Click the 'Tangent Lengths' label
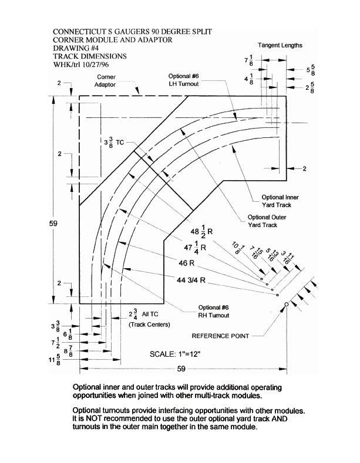pyautogui.click(x=280, y=45)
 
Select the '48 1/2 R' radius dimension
pyautogui.click(x=201, y=231)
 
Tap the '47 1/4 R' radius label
pyautogui.click(x=195, y=247)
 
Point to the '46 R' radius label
pyautogui.click(x=187, y=263)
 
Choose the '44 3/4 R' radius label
pyautogui.click(x=191, y=280)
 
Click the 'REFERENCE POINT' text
pyautogui.click(x=220, y=336)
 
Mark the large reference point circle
pyautogui.click(x=286, y=304)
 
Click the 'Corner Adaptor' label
pyautogui.click(x=106, y=80)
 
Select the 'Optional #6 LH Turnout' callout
pyautogui.click(x=184, y=80)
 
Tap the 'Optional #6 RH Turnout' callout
pyautogui.click(x=213, y=312)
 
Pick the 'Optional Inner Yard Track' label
pyautogui.click(x=280, y=201)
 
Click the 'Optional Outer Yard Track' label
pyautogui.click(x=267, y=221)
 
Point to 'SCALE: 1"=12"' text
pyautogui.click(x=175, y=354)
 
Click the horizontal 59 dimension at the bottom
pyautogui.click(x=181, y=369)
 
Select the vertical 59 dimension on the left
pyautogui.click(x=53, y=223)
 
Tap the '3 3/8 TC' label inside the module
pyautogui.click(x=114, y=143)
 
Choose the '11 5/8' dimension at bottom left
pyautogui.click(x=55, y=360)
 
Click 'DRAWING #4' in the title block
pyautogui.click(x=76, y=48)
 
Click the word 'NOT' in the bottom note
pyautogui.click(x=93, y=418)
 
